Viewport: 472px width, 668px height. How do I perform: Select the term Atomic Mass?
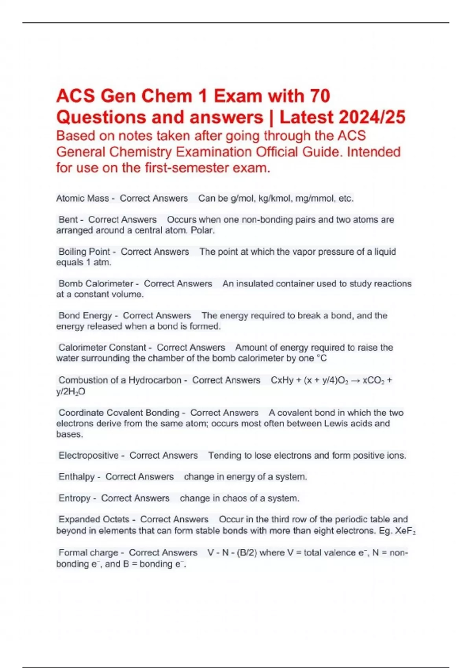(82, 198)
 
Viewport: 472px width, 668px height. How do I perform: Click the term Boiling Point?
(84, 251)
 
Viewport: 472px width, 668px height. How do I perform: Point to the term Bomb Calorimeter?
(96, 283)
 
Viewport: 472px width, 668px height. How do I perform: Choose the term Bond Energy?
(85, 316)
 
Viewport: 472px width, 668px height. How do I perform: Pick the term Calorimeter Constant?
(102, 347)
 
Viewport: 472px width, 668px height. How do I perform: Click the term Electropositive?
(88, 455)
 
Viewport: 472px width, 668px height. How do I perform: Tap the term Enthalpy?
(76, 477)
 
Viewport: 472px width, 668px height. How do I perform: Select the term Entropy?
(74, 498)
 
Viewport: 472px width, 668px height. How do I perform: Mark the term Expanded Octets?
(94, 519)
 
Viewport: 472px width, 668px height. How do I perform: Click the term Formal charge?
(88, 552)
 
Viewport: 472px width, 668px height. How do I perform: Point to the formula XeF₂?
(405, 531)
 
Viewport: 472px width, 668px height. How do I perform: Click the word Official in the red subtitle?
(279, 152)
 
